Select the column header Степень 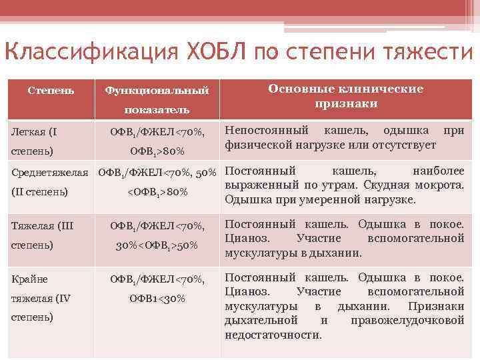pyautogui.click(x=51, y=89)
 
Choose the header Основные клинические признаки pyautogui.click(x=345, y=96)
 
